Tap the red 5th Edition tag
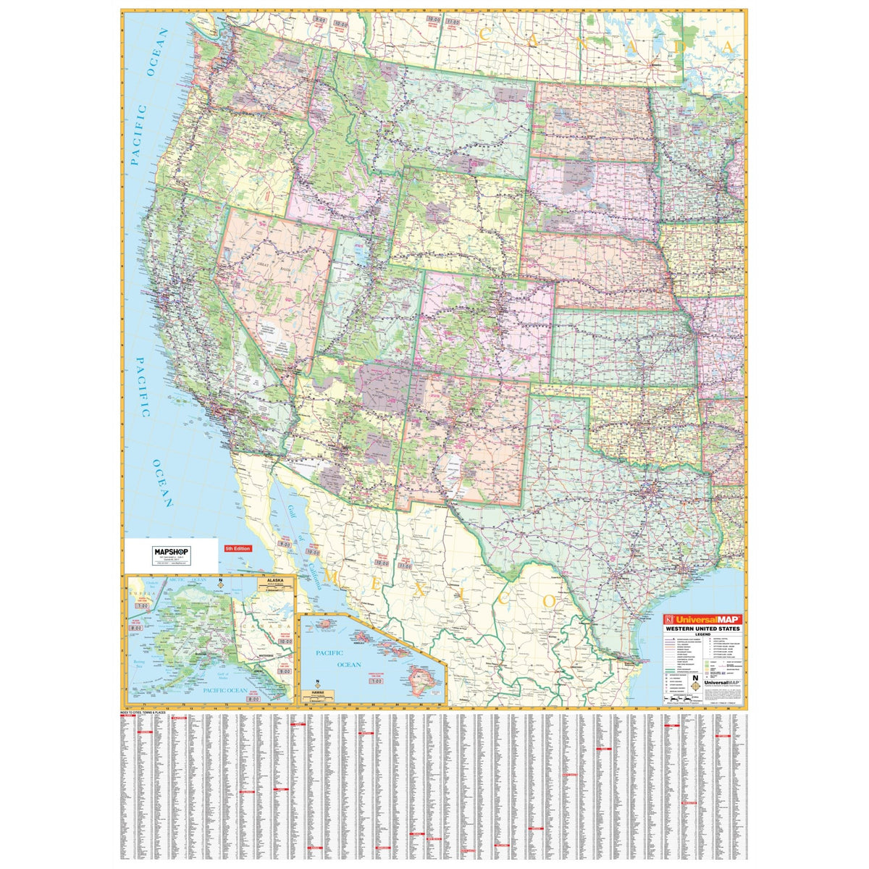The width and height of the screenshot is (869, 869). click(x=238, y=549)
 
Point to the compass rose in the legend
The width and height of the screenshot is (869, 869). click(x=695, y=682)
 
